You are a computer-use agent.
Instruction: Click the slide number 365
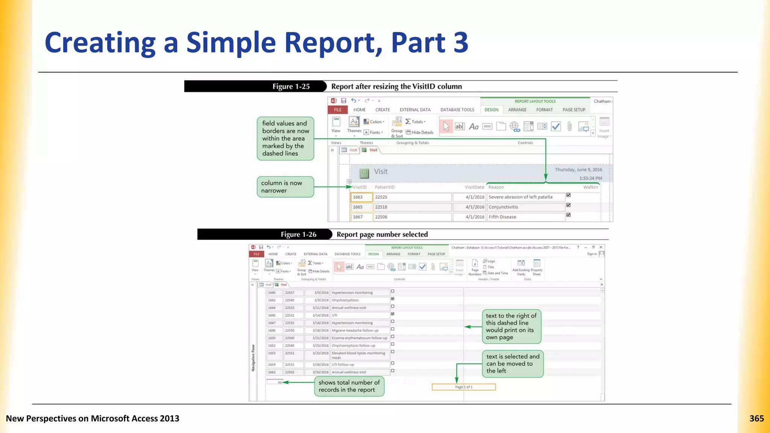[x=756, y=418]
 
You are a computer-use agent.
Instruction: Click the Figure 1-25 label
[x=291, y=86]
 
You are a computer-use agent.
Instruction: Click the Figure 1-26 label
[x=299, y=235]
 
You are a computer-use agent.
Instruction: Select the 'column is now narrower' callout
[x=285, y=187]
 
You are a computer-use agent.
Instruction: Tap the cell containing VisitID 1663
[x=361, y=197]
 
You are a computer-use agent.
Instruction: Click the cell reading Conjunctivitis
[x=526, y=207]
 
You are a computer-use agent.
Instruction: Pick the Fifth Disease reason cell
[x=526, y=217]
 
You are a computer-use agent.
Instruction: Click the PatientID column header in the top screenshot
[x=385, y=187]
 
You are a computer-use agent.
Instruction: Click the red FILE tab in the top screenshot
[x=338, y=110]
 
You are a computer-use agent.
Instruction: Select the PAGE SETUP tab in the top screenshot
[x=574, y=110]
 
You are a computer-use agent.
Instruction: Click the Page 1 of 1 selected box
[x=464, y=387]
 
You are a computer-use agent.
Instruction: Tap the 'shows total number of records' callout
[x=349, y=386]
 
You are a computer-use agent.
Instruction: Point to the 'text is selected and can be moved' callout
[x=512, y=363]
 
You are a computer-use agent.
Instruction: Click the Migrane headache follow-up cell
[x=359, y=331]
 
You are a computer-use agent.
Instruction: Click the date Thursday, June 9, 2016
[x=578, y=170]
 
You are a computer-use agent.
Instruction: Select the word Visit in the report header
[x=380, y=172]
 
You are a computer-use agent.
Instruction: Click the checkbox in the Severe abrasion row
[x=568, y=195]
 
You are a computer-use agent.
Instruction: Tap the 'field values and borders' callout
[x=285, y=138]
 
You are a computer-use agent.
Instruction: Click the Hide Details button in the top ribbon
[x=420, y=132]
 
